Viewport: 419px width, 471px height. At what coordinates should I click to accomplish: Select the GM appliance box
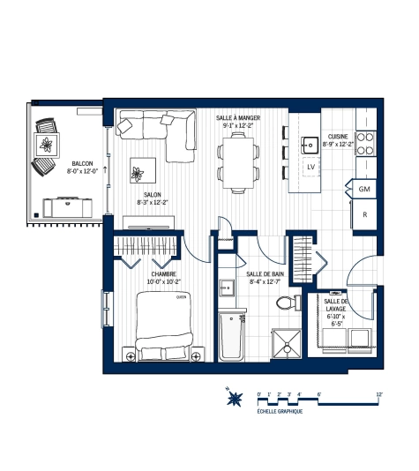363,190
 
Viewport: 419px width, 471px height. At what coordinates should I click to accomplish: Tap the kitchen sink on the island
310,142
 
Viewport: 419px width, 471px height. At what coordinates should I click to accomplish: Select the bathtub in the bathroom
231,338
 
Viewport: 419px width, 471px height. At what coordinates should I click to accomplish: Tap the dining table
238,164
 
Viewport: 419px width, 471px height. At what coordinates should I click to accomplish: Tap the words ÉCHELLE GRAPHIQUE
280,412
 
